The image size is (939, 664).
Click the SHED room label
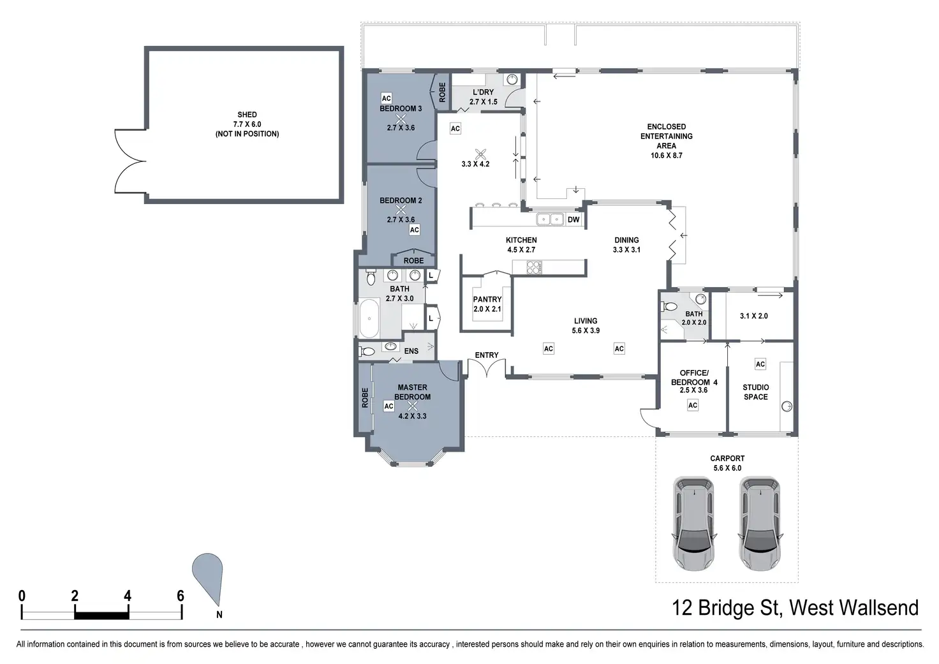tap(247, 114)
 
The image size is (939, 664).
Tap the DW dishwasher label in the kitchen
tap(573, 219)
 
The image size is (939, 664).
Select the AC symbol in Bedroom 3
tap(386, 98)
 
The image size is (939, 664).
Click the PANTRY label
tap(487, 299)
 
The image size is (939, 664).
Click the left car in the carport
tap(693, 523)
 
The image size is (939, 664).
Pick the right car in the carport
tap(760, 523)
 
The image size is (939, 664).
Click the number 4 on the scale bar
tap(128, 596)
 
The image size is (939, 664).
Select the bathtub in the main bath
tap(369, 318)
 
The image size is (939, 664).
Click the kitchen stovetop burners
tap(534, 267)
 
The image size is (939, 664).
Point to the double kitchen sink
tap(550, 219)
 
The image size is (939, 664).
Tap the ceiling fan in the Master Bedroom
tap(413, 406)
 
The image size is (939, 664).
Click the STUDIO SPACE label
tap(755, 392)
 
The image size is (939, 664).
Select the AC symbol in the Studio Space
tap(760, 364)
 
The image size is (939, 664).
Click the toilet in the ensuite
tap(367, 351)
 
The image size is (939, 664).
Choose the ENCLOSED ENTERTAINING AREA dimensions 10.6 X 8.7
tap(666, 156)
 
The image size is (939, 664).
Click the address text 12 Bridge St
tap(727, 608)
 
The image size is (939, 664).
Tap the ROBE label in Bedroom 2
tap(413, 261)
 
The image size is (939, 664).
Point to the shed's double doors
tap(130, 161)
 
